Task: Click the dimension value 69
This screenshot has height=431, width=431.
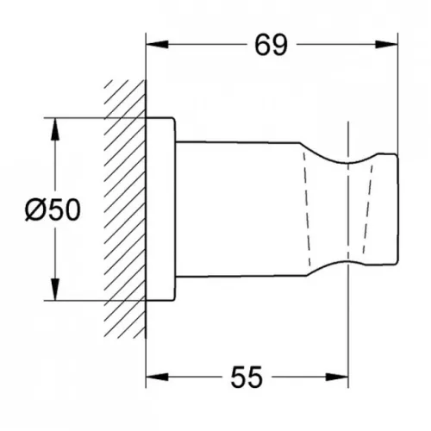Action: pos(271,45)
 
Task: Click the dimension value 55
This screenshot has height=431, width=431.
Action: pos(247,377)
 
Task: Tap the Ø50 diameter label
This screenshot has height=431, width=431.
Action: pos(53,210)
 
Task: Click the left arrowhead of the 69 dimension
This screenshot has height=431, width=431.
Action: pos(157,45)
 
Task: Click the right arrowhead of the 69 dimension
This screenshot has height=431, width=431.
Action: pos(387,45)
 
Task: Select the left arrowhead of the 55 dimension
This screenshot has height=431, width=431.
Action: pos(157,377)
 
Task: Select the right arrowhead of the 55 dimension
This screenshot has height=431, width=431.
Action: pos(337,377)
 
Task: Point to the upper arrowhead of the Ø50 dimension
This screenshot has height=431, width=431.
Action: pos(55,129)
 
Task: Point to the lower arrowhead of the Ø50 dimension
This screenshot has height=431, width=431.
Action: pos(55,290)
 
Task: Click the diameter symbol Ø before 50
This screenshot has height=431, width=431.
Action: pos(34,210)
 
